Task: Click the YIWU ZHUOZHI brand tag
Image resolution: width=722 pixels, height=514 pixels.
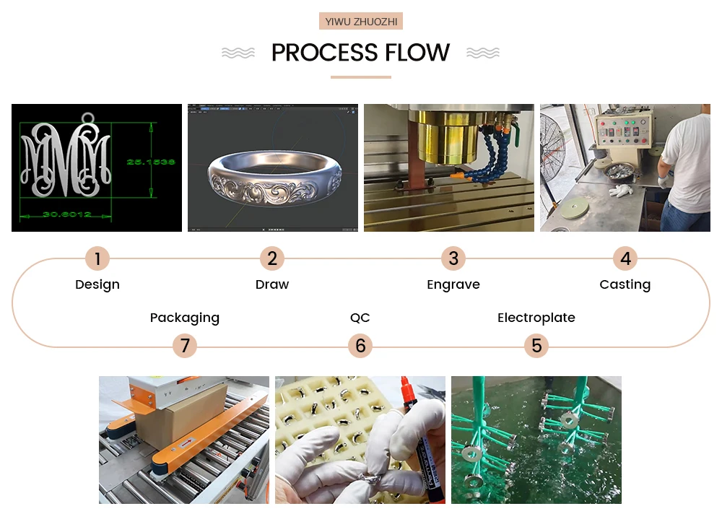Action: click(x=361, y=22)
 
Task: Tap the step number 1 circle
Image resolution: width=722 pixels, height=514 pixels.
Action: click(x=97, y=258)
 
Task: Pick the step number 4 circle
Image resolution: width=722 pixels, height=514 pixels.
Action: click(x=625, y=258)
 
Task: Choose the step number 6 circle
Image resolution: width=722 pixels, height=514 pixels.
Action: click(x=360, y=347)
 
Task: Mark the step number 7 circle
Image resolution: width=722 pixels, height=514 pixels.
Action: click(x=185, y=347)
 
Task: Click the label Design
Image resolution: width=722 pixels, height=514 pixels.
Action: click(x=97, y=284)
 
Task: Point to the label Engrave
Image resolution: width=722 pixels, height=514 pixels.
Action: click(x=453, y=284)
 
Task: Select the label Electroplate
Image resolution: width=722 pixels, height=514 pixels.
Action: click(x=536, y=318)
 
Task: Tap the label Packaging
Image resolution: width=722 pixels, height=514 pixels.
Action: click(x=185, y=318)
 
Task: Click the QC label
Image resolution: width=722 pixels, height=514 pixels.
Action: click(x=360, y=318)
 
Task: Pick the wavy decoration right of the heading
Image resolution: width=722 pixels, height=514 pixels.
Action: click(x=483, y=53)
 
